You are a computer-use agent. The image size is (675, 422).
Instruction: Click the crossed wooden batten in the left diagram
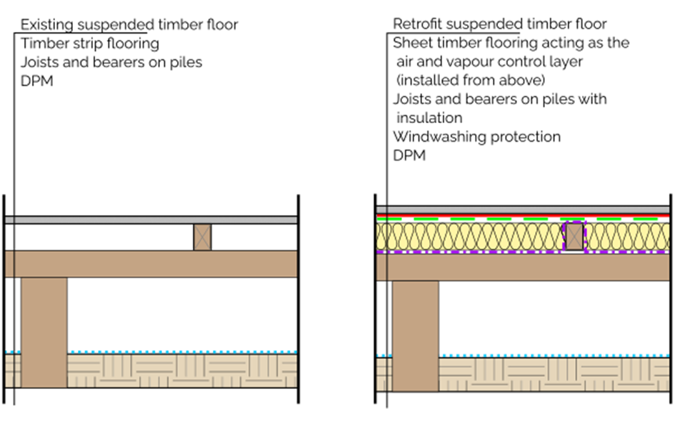202,237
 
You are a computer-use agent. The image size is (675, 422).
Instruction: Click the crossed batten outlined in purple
574,237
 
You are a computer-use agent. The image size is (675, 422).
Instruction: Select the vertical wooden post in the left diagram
44,332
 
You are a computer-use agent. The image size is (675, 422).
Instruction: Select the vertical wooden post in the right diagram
415,335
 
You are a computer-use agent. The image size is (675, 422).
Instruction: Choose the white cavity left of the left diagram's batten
104,237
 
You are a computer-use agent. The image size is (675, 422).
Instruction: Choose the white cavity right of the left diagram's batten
254,237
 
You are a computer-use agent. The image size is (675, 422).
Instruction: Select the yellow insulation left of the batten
471,237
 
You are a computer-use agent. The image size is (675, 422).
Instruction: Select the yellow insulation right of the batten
627,237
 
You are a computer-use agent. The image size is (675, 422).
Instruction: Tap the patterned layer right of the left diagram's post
182,371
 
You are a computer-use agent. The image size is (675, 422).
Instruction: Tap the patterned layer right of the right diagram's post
554,374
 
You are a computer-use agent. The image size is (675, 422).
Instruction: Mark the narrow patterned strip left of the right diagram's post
384,374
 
